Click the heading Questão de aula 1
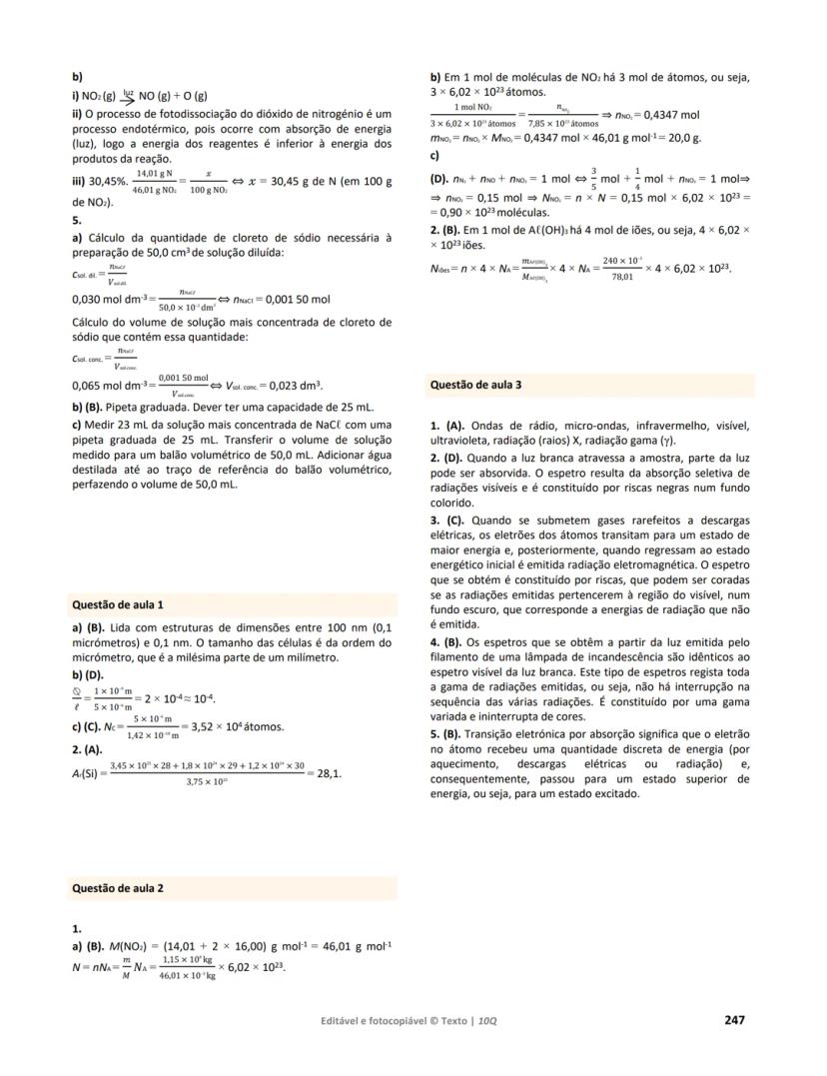pos(118,604)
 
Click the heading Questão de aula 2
pos(118,887)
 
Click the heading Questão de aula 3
pos(475,384)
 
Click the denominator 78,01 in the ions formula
pos(622,275)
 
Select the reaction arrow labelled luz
pos(129,96)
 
